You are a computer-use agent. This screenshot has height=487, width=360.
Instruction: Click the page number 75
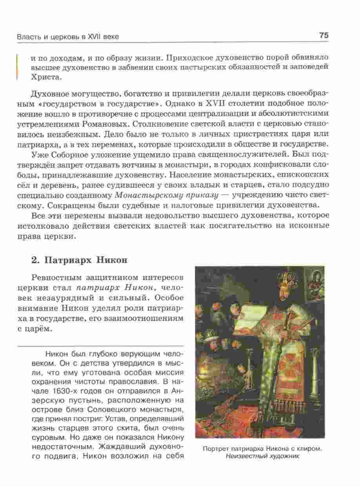click(x=324, y=35)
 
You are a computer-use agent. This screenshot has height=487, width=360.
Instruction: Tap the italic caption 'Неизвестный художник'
click(x=262, y=457)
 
